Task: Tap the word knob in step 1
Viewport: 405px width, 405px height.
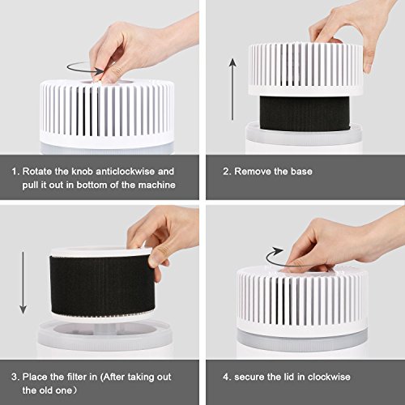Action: tap(82, 172)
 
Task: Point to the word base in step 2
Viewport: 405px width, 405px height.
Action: tap(301, 172)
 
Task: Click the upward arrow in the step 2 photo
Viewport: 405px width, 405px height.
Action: tap(232, 89)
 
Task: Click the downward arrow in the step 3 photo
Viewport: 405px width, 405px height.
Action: tap(23, 283)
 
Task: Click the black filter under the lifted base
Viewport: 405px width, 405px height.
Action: tap(305, 113)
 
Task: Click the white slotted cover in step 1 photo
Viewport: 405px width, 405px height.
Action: tap(107, 113)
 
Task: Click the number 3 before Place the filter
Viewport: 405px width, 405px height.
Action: tap(14, 377)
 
